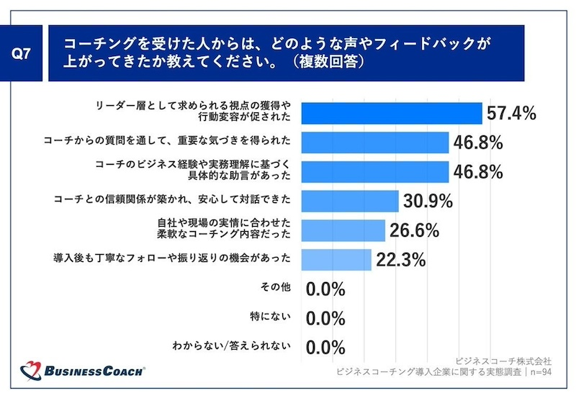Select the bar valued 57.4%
tap(390, 114)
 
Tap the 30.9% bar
tap(349, 200)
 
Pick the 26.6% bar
tap(343, 230)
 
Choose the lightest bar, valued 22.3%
tap(336, 259)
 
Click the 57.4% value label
tap(512, 114)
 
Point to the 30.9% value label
tap(427, 201)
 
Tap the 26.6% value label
tap(414, 230)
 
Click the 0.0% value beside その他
tap(325, 289)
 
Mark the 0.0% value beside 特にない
tap(325, 318)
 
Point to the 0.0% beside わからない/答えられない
tap(325, 348)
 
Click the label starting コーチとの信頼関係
tap(173, 199)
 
